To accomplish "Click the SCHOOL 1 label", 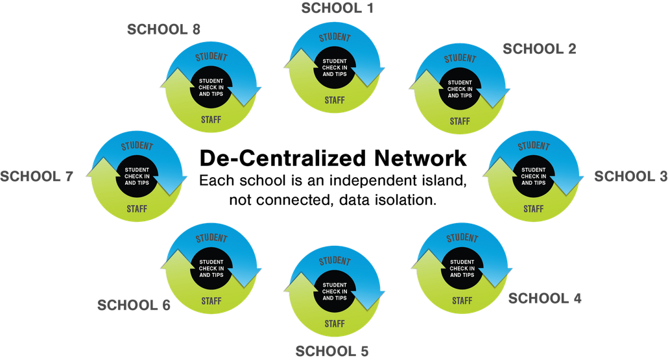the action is (337, 8).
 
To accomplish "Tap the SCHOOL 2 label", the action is (540, 49).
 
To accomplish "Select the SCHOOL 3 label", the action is (631, 176).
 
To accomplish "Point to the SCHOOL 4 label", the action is (545, 298).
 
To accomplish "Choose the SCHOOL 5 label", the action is (332, 352).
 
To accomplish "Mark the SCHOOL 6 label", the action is (134, 305).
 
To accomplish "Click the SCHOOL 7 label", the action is (36, 176).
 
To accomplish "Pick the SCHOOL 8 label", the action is (163, 29).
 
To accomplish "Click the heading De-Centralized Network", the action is (333, 158).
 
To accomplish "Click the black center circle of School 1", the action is (335, 67).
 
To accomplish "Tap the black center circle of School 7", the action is (137, 176).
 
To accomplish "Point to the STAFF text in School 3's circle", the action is (533, 209).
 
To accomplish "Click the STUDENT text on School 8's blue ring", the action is (211, 57).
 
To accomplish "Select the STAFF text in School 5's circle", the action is (335, 324).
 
